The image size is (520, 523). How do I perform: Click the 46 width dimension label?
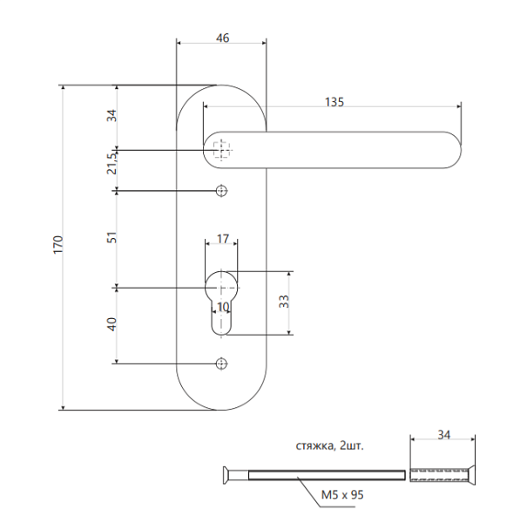tap(222, 37)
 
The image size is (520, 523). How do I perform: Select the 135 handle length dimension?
tap(334, 101)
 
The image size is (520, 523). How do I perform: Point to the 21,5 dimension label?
tap(111, 163)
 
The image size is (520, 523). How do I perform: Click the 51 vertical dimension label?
tap(111, 238)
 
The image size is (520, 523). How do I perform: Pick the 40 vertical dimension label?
tap(111, 324)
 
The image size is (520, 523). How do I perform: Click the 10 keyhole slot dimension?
tap(223, 307)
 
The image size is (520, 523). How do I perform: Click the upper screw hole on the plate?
tap(222, 191)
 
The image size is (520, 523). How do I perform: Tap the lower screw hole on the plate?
tap(222, 363)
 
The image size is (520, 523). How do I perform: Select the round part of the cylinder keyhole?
tap(223, 286)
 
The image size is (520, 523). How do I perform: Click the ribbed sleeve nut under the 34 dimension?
tap(441, 475)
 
